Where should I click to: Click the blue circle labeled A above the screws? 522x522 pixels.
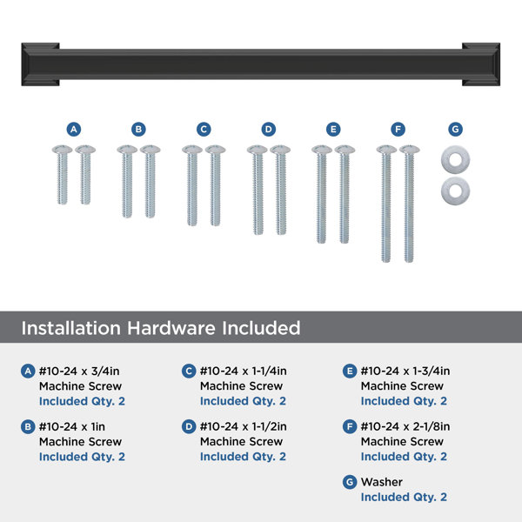(74, 129)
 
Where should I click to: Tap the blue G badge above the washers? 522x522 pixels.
(455, 129)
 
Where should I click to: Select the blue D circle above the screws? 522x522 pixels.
(268, 129)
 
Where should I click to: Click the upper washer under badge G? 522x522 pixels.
(455, 159)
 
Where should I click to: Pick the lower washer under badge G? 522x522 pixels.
(455, 191)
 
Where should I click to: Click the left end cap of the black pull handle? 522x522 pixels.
(40, 64)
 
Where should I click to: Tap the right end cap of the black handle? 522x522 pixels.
(481, 64)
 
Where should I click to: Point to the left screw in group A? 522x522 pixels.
(63, 175)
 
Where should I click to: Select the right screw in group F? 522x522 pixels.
(410, 204)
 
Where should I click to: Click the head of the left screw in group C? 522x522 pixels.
(192, 150)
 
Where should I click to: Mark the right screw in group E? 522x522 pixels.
(345, 194)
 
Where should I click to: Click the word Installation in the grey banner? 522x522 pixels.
(71, 328)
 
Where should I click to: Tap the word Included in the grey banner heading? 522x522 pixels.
(261, 328)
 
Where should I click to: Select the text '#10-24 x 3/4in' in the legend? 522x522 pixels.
(79, 371)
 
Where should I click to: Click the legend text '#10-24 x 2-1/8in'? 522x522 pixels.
(405, 426)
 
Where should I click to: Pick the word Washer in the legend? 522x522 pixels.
(382, 482)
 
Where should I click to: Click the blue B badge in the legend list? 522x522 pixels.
(28, 426)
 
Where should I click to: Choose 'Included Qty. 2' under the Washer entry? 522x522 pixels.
(404, 497)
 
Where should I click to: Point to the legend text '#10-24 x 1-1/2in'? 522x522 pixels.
(244, 426)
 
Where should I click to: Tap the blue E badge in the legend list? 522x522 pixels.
(350, 371)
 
